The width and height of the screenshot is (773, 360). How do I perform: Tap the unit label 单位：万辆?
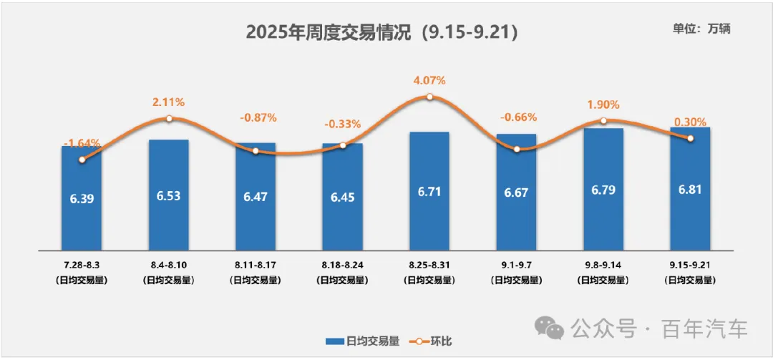point(701,29)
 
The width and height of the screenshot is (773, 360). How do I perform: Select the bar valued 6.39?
point(82,208)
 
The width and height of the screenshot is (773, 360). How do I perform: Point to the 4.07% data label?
point(429,80)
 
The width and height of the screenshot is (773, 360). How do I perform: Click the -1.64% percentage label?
point(82,143)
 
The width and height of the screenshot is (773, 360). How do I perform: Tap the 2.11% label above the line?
point(169,102)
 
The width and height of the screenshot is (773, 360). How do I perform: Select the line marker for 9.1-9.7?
point(517,149)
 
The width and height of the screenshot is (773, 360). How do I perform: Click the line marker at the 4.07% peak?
point(429,97)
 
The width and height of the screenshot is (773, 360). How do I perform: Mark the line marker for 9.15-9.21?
point(690,138)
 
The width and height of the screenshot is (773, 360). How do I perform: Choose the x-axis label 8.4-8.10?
point(169,265)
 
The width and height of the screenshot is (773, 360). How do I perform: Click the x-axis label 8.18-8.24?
point(342,265)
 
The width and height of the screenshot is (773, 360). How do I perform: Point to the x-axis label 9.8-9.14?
point(603,265)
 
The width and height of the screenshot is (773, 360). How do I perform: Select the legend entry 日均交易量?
point(362,341)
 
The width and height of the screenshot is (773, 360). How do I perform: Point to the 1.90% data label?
point(603,105)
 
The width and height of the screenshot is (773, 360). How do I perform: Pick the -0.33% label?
point(342,124)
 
